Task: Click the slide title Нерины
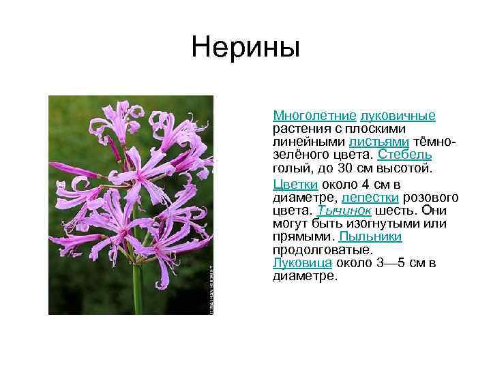pos(245,48)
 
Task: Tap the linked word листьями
pos(378,141)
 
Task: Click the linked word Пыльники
pos(370,236)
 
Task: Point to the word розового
pos(434,198)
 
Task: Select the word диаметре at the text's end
pos(304,276)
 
